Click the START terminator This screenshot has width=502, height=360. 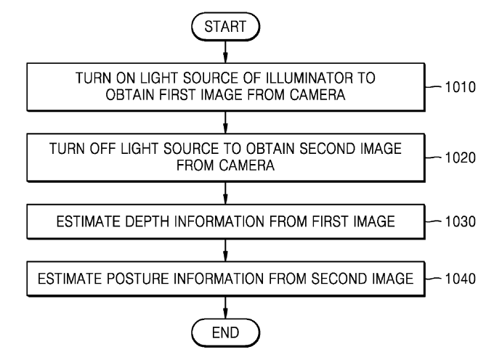pyautogui.click(x=225, y=27)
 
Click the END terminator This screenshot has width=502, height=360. pyautogui.click(x=225, y=333)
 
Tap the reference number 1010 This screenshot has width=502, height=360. pyautogui.click(x=461, y=87)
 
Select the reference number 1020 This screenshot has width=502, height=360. pyautogui.click(x=461, y=158)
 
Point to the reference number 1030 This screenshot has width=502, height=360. pyautogui.click(x=461, y=222)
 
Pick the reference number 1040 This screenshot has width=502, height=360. pyautogui.click(x=461, y=279)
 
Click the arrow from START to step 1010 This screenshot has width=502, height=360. pyautogui.click(x=225, y=52)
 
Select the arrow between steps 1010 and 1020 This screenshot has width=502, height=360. pyautogui.click(x=225, y=123)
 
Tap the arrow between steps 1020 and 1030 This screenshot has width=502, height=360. pyautogui.click(x=225, y=193)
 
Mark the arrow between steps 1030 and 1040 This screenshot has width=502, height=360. pyautogui.click(x=225, y=250)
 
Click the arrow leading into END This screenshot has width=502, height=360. pyautogui.click(x=225, y=308)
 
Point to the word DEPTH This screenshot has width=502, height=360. pyautogui.click(x=147, y=222)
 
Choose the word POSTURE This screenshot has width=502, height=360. pyautogui.click(x=138, y=279)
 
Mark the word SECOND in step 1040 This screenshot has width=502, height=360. pyautogui.click(x=339, y=279)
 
